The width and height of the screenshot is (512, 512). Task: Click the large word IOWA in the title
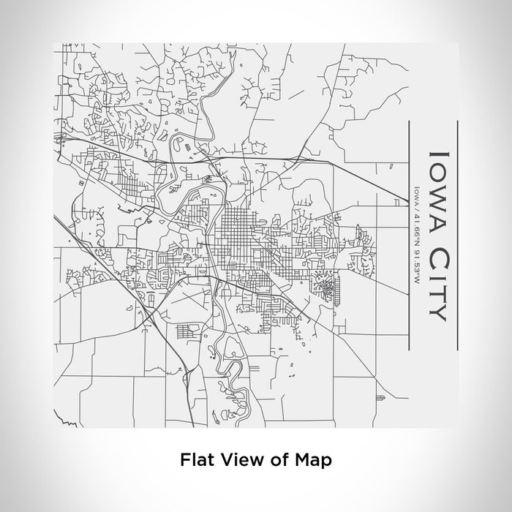(436, 192)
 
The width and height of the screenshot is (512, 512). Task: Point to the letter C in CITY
(436, 258)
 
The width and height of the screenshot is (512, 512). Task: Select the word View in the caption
(235, 460)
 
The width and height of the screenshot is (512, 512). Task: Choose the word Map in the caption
(313, 460)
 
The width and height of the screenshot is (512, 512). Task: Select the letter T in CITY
(436, 295)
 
